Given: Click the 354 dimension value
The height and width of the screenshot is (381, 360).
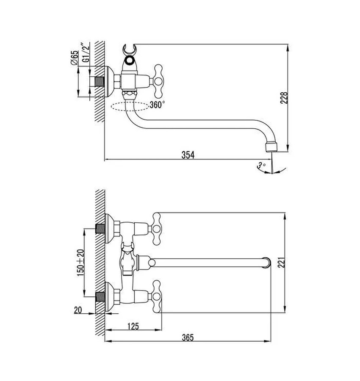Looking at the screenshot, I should (188, 155).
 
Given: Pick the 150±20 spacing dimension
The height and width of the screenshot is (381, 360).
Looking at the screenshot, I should (80, 263).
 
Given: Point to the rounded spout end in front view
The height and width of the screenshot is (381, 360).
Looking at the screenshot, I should (266, 262).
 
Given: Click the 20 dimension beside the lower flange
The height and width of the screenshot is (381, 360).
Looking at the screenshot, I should (78, 310).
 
